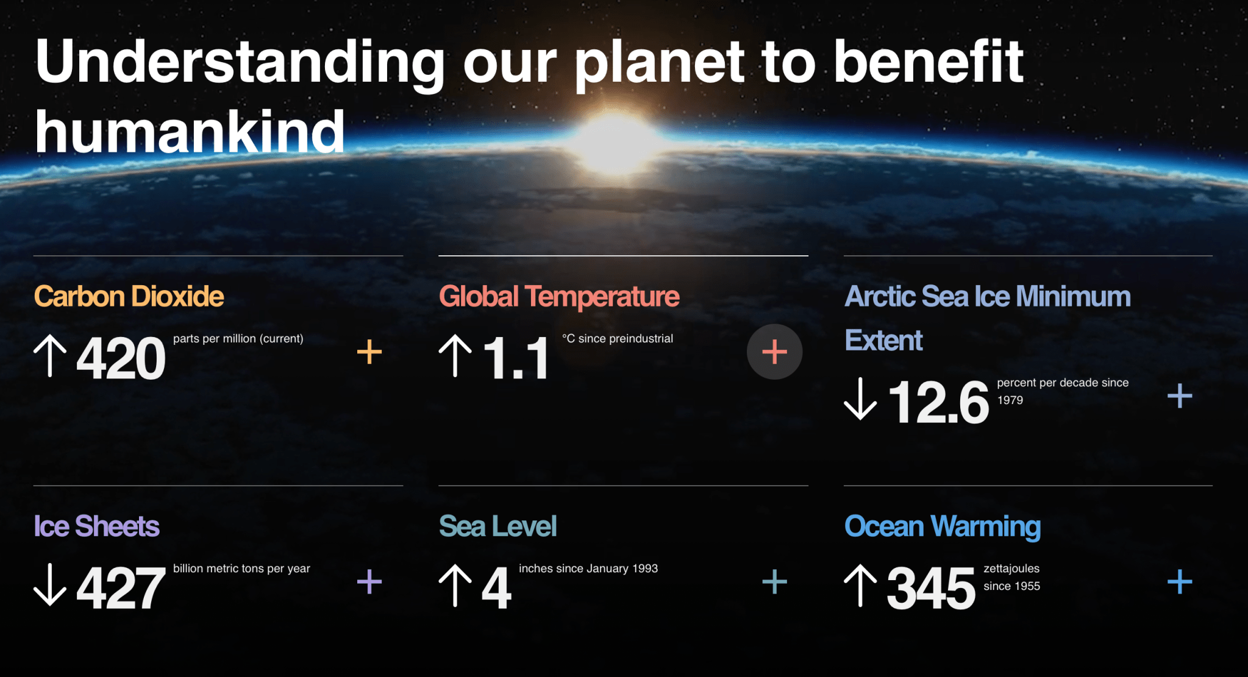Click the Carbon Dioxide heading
pyautogui.click(x=129, y=297)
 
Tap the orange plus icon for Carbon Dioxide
pyautogui.click(x=369, y=352)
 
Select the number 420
pyautogui.click(x=121, y=358)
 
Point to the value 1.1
pyautogui.click(x=516, y=358)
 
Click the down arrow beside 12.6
pyautogui.click(x=860, y=399)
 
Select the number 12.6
pyautogui.click(x=938, y=402)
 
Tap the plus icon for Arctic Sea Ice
pyautogui.click(x=1180, y=396)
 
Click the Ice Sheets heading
pyautogui.click(x=97, y=526)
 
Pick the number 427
pyautogui.click(x=121, y=588)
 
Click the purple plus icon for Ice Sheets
pyautogui.click(x=369, y=582)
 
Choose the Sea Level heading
pyautogui.click(x=498, y=526)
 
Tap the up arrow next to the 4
pyautogui.click(x=455, y=586)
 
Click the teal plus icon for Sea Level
pyautogui.click(x=775, y=582)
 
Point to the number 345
pyautogui.click(x=931, y=588)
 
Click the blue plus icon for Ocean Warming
pyautogui.click(x=1180, y=582)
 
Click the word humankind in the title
pyautogui.click(x=190, y=132)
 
